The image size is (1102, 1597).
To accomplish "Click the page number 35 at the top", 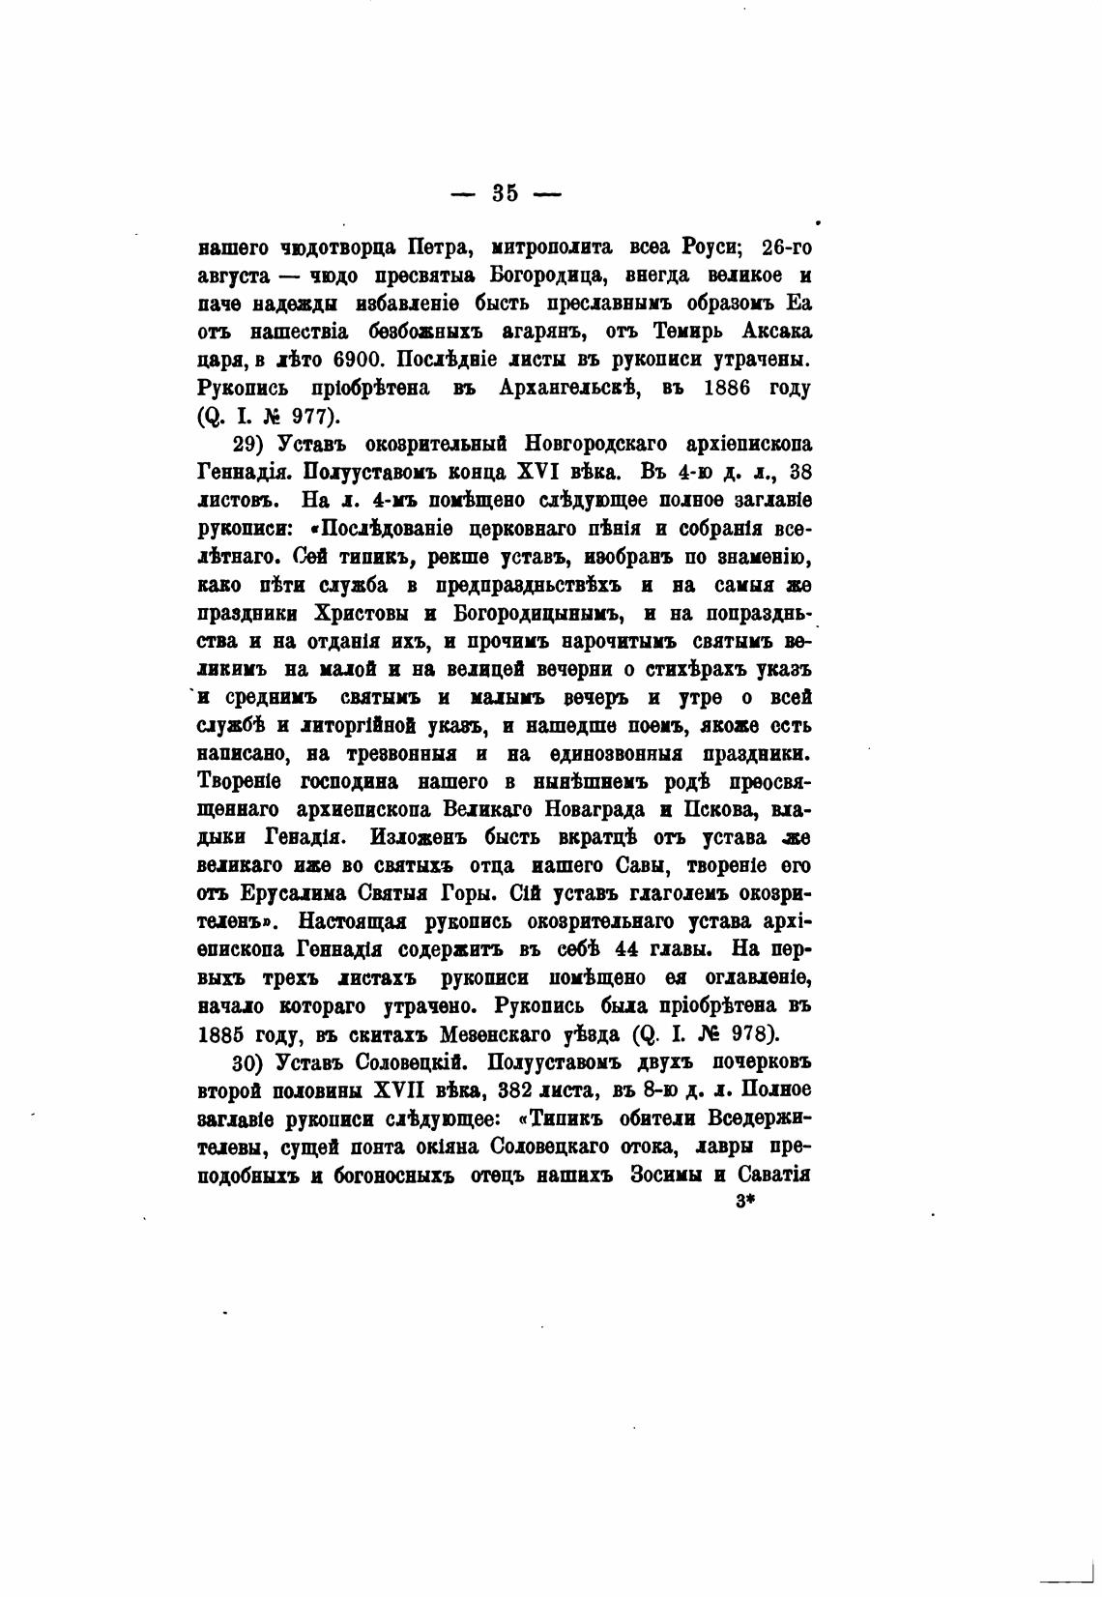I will pos(505,192).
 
